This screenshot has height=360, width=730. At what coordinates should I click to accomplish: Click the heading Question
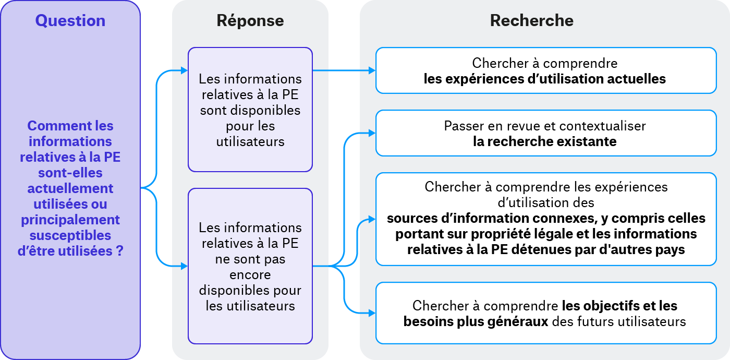[x=70, y=21]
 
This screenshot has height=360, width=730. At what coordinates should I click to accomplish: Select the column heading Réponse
[x=250, y=21]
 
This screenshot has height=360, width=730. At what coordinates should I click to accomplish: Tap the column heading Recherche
[x=531, y=21]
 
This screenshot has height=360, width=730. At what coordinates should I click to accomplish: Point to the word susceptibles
[x=70, y=235]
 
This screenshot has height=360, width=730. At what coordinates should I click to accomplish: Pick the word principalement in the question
[x=70, y=220]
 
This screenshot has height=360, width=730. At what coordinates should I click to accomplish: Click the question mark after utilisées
[x=119, y=251]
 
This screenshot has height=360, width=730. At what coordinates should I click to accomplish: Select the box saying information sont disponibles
[x=250, y=110]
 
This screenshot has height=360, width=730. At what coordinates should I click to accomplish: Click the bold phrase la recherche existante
[x=545, y=141]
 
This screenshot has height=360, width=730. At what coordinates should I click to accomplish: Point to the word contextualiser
[x=602, y=126]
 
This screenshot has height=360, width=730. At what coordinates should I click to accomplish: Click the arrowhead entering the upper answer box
[x=184, y=70]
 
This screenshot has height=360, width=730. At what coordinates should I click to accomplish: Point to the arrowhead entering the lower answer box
[x=184, y=266]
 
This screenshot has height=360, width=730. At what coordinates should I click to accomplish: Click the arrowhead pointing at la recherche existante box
[x=372, y=133]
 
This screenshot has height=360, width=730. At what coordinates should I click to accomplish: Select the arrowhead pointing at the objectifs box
[x=372, y=313]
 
